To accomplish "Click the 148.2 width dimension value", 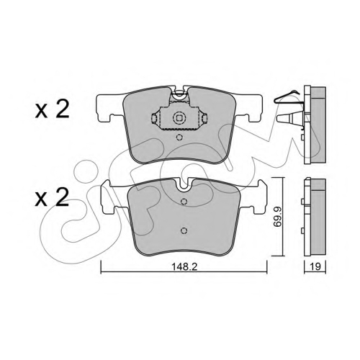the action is click(x=184, y=266).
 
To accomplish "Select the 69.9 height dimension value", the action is click(x=278, y=217).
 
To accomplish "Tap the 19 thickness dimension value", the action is click(x=315, y=266).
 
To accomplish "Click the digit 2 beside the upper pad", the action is click(x=62, y=109).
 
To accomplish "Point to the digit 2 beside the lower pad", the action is click(x=62, y=197).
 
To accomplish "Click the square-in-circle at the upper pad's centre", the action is click(x=179, y=118).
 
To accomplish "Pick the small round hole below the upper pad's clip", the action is click(x=179, y=138).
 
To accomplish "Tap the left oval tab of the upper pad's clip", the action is click(x=154, y=118).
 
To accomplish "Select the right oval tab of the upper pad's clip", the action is click(x=204, y=118).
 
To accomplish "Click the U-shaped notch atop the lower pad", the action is click(x=184, y=185).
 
